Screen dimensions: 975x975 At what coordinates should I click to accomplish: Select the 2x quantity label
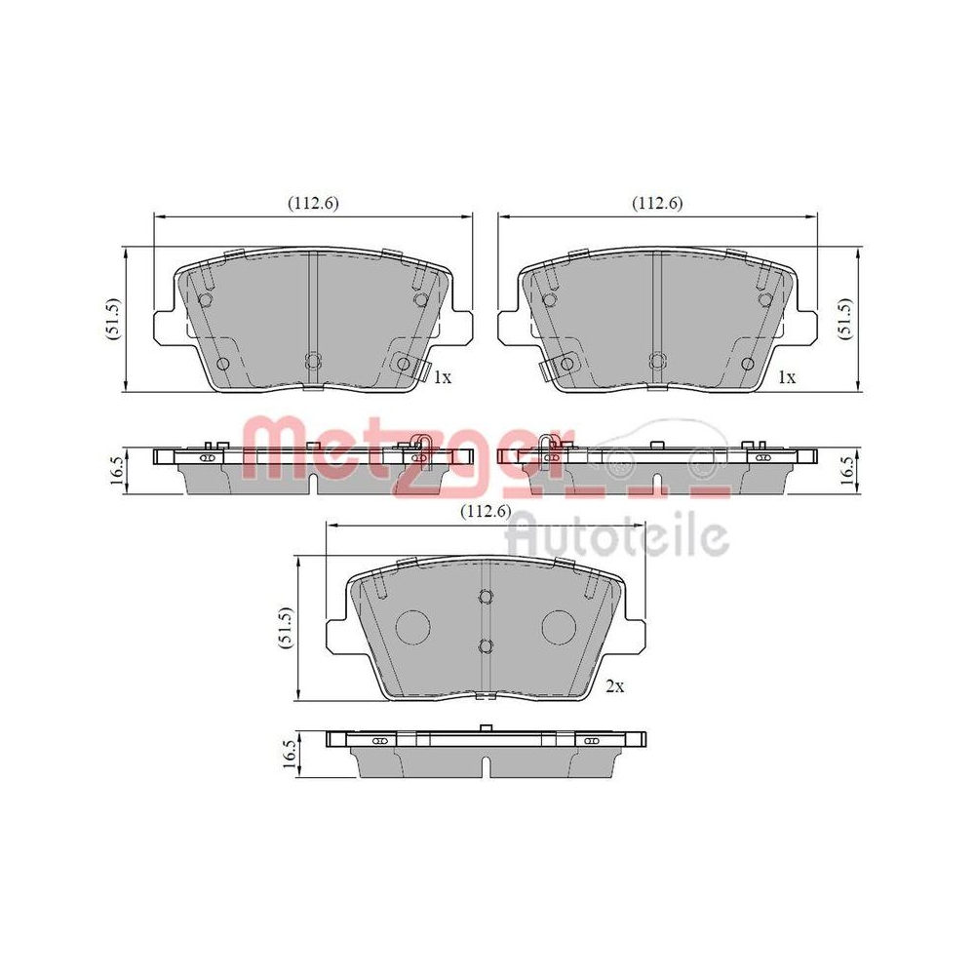pos(613,686)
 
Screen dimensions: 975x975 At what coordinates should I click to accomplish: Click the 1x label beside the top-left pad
pos(442,376)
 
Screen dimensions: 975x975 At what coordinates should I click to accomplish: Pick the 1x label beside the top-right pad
pos(786,376)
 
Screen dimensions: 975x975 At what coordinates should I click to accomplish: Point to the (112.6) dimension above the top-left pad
pos(312,203)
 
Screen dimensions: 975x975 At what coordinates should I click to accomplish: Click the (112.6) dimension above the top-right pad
pos(657,203)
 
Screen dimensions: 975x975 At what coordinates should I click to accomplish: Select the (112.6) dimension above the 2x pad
pos(485,512)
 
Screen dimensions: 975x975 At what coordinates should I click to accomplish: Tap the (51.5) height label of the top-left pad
pos(113,319)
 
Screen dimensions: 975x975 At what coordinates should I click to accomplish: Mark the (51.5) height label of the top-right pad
pos(845,319)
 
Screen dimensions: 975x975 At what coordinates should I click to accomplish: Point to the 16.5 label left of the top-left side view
pos(113,470)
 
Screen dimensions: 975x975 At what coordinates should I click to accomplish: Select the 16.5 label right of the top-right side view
pos(845,470)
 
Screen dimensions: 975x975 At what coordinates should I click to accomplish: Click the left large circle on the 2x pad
pos(415,624)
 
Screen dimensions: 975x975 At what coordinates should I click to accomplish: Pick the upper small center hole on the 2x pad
pos(486,599)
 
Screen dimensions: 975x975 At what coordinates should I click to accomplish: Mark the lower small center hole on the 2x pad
pos(486,644)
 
